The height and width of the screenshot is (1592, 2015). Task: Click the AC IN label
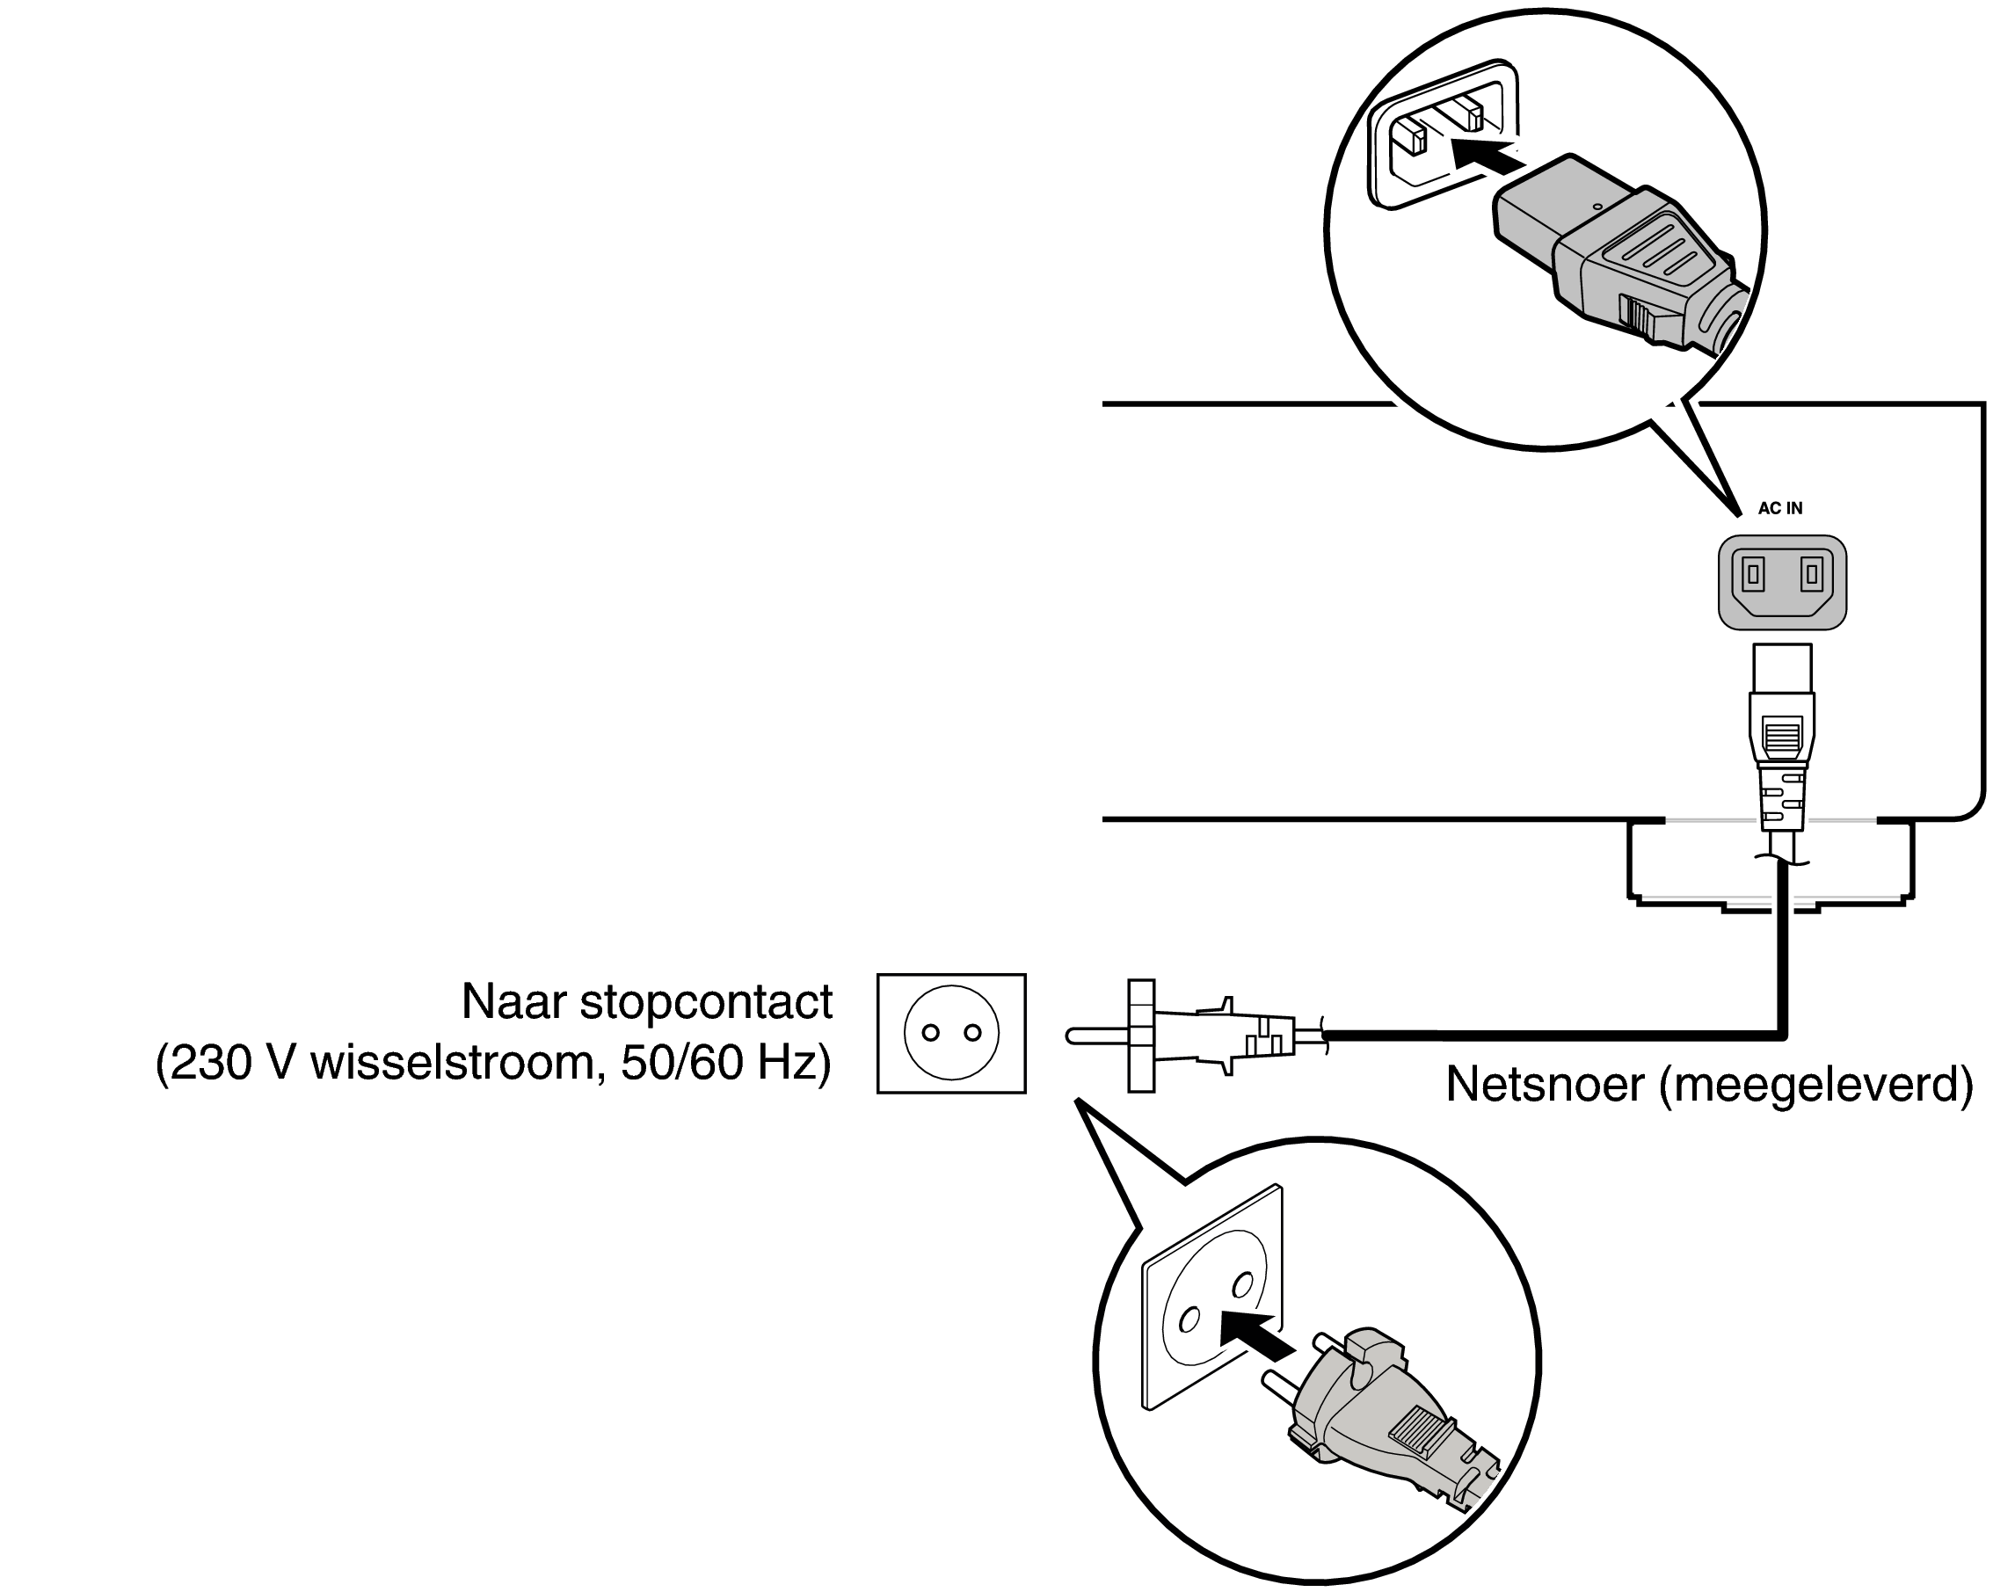click(x=1779, y=508)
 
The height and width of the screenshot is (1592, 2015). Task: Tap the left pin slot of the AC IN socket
click(x=1753, y=574)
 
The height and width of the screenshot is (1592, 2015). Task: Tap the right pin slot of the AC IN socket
click(x=1811, y=574)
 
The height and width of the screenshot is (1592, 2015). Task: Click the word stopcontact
click(x=706, y=1002)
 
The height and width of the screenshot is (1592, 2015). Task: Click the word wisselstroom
click(x=452, y=1063)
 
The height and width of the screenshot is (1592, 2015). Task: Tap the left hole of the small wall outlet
click(x=930, y=1033)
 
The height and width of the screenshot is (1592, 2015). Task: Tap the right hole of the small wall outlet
click(x=973, y=1033)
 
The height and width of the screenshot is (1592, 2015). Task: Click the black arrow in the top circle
click(x=1485, y=157)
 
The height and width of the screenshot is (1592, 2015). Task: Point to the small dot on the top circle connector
click(x=1597, y=207)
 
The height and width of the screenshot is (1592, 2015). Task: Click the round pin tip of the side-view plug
click(x=1072, y=1035)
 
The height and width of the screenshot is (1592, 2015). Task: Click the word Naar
click(x=513, y=1002)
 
